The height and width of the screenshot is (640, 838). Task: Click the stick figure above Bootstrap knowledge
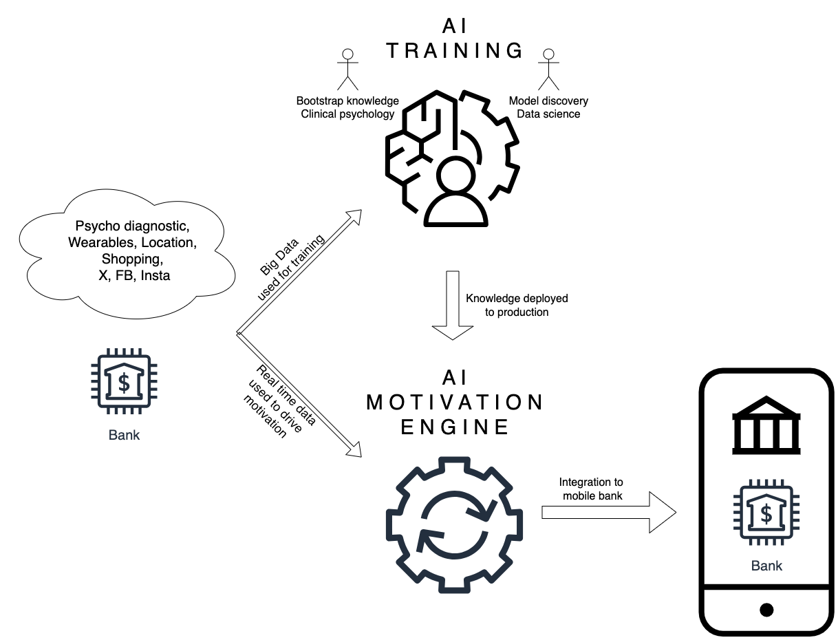click(349, 70)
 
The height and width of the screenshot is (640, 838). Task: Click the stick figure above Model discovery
click(548, 70)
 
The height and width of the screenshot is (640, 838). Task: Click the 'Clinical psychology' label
click(347, 114)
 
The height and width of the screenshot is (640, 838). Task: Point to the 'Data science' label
click(548, 114)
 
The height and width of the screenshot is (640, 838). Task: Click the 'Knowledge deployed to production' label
click(517, 305)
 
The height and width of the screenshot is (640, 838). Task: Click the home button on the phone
click(766, 610)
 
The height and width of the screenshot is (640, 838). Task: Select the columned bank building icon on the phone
click(766, 426)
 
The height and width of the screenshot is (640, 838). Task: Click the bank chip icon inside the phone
click(766, 513)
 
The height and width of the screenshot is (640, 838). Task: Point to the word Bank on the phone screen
click(766, 566)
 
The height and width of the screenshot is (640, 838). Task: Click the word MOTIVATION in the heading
click(455, 402)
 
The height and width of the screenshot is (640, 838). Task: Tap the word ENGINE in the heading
click(455, 427)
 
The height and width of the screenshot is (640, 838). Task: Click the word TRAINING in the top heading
click(455, 50)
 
